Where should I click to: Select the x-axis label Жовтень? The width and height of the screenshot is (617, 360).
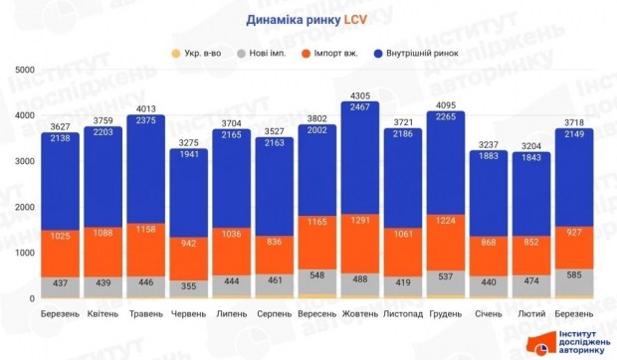(x=358, y=313)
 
